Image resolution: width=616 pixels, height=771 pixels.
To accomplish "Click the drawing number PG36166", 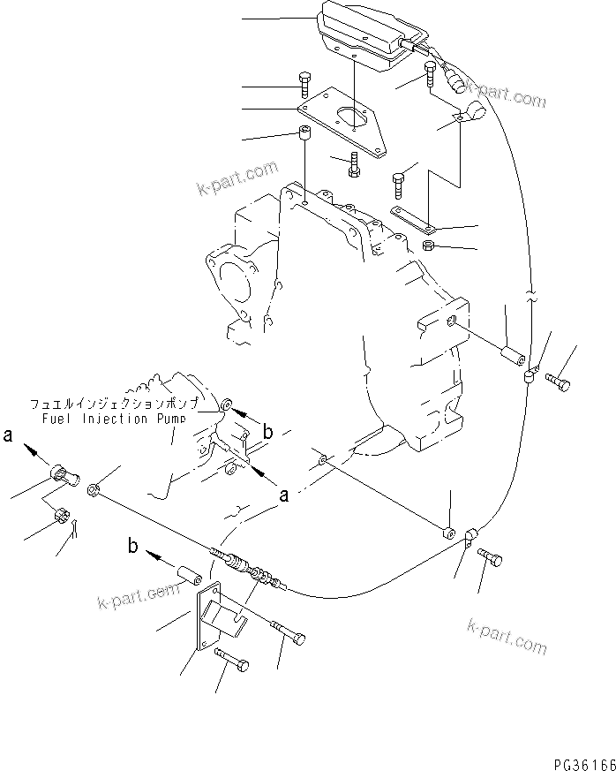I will pos(574,761).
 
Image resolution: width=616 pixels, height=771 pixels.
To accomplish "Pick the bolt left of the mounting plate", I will pos(304,85).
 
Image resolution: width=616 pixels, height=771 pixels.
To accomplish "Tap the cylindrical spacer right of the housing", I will pos(510,357).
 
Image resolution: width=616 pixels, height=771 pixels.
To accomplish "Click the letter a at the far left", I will pos(9,435).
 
